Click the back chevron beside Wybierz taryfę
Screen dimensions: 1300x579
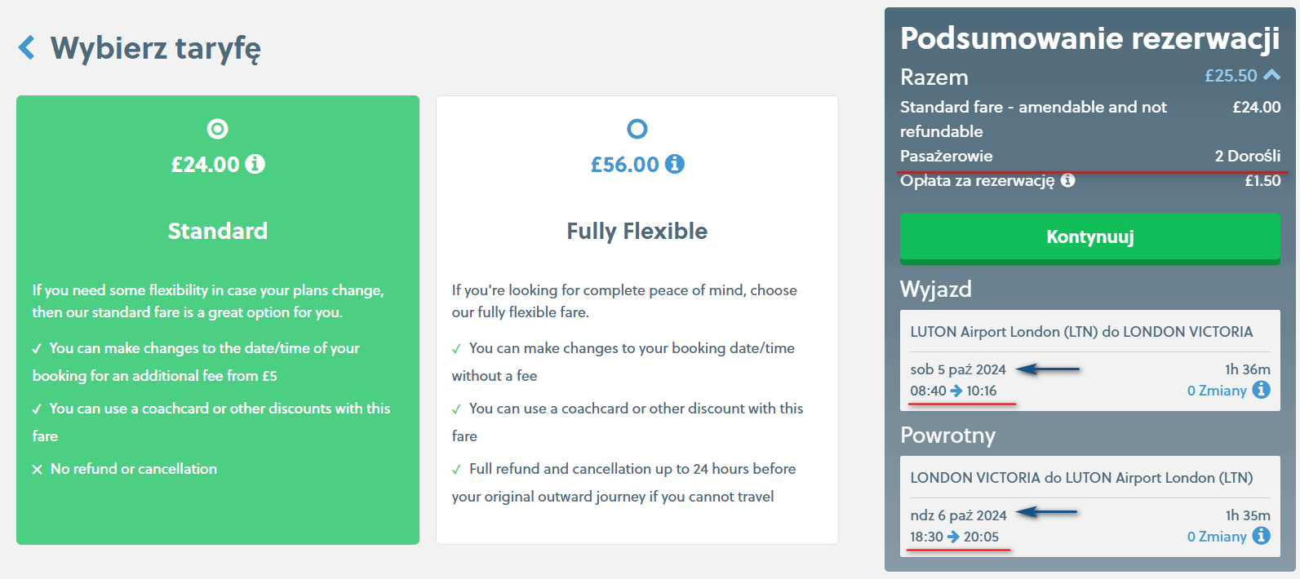(x=27, y=47)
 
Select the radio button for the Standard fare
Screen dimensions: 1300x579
(x=218, y=129)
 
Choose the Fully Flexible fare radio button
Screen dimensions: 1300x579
(x=637, y=129)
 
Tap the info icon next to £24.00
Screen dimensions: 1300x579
(x=255, y=164)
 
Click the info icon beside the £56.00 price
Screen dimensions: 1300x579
(x=674, y=164)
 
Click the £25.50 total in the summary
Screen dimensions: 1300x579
(x=1231, y=76)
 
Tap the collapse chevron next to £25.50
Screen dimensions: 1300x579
(x=1271, y=75)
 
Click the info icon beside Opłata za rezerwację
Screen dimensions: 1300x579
(x=1068, y=180)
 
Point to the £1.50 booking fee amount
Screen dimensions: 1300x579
(x=1262, y=181)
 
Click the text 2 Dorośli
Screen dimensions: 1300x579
(x=1248, y=156)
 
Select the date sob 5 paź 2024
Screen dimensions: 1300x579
(x=958, y=369)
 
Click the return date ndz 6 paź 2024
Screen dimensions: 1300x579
(x=958, y=515)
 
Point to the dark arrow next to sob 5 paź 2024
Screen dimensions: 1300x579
(x=1048, y=369)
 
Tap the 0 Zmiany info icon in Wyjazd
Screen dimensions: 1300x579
(x=1261, y=390)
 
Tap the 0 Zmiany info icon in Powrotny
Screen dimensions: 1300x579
(x=1261, y=536)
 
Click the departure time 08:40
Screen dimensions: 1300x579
(x=928, y=391)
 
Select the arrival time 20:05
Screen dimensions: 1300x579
(x=982, y=537)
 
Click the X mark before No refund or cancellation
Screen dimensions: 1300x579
(x=38, y=470)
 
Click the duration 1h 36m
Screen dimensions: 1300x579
(x=1248, y=369)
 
